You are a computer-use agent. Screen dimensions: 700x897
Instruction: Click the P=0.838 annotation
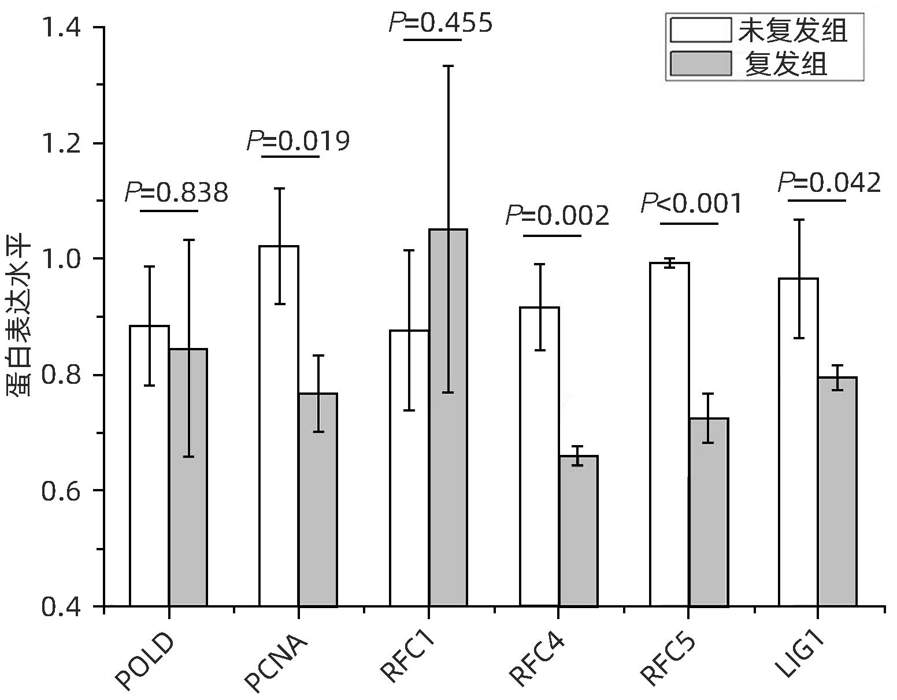pyautogui.click(x=177, y=193)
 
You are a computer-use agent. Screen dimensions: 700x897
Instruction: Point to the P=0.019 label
pyautogui.click(x=298, y=140)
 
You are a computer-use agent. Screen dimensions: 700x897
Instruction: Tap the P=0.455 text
pyautogui.click(x=440, y=23)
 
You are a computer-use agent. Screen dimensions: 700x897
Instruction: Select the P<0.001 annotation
pyautogui.click(x=691, y=203)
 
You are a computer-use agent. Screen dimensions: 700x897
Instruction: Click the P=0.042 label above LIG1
pyautogui.click(x=829, y=183)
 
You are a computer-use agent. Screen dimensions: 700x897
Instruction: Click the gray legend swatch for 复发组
pyautogui.click(x=700, y=64)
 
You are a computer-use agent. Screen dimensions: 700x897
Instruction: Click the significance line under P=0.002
pyautogui.click(x=552, y=235)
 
